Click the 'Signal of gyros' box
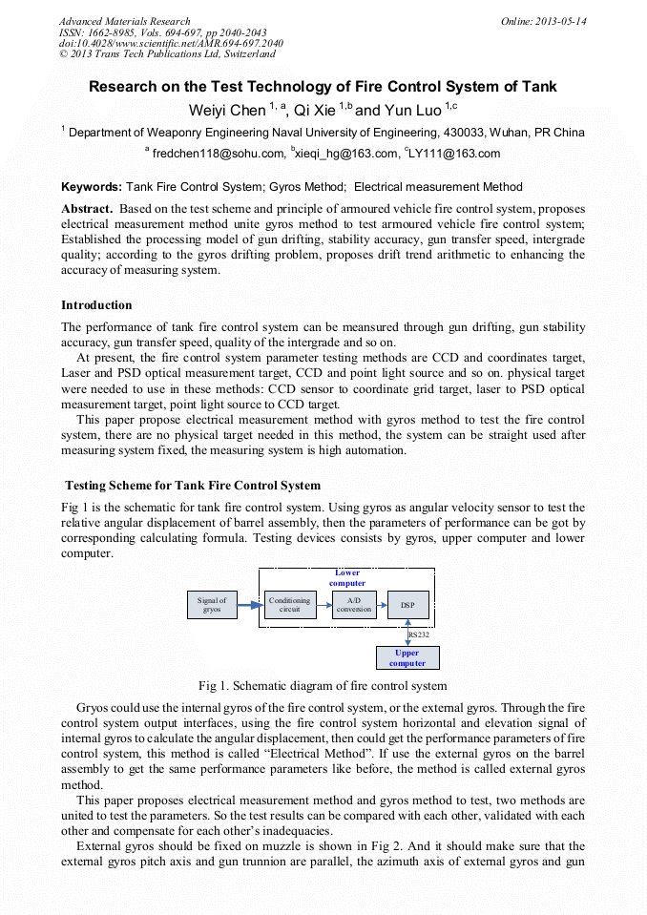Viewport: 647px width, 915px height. (x=212, y=605)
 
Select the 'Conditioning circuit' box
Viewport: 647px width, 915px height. (x=289, y=605)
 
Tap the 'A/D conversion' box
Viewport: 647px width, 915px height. (x=354, y=605)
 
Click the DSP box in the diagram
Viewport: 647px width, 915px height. (x=407, y=605)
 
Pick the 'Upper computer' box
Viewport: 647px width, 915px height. (x=407, y=658)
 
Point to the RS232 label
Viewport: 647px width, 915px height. (x=419, y=634)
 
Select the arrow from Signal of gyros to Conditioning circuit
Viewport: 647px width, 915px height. (x=250, y=605)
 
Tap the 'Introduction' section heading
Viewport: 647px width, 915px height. (x=96, y=305)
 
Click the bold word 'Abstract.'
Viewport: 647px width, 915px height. (x=89, y=209)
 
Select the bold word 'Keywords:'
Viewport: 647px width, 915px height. (x=92, y=187)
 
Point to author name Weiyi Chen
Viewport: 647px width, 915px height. (x=227, y=111)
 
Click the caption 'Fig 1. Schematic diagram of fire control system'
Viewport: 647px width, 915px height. (x=323, y=685)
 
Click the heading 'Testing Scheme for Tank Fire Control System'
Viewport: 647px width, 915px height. (x=192, y=486)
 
